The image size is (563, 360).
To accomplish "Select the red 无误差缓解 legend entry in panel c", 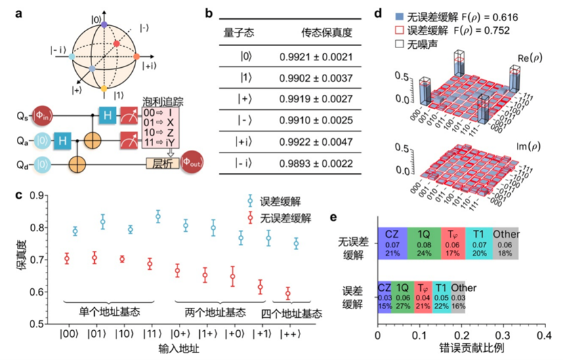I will (277, 217).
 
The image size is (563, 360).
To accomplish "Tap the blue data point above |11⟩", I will (158, 217).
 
